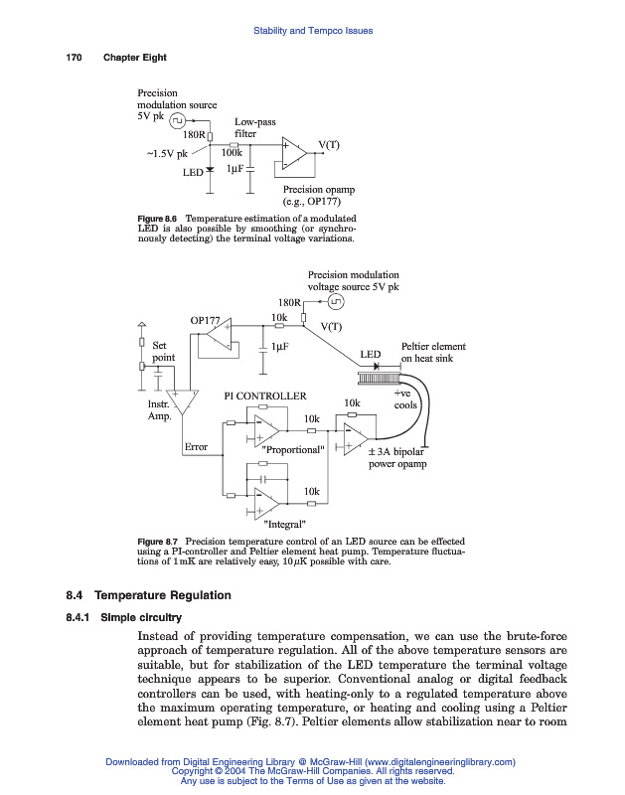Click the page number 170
(x=73, y=58)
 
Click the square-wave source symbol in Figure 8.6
(x=176, y=120)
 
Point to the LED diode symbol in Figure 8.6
(x=210, y=171)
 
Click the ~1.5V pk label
(x=167, y=153)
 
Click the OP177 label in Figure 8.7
(x=205, y=320)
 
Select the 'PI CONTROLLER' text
(x=265, y=396)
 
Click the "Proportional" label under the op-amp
(x=293, y=449)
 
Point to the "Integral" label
(x=284, y=524)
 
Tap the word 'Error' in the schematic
(x=196, y=447)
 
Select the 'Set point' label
(x=163, y=351)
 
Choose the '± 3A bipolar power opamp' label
(x=397, y=457)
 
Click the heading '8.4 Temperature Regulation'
(x=148, y=595)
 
